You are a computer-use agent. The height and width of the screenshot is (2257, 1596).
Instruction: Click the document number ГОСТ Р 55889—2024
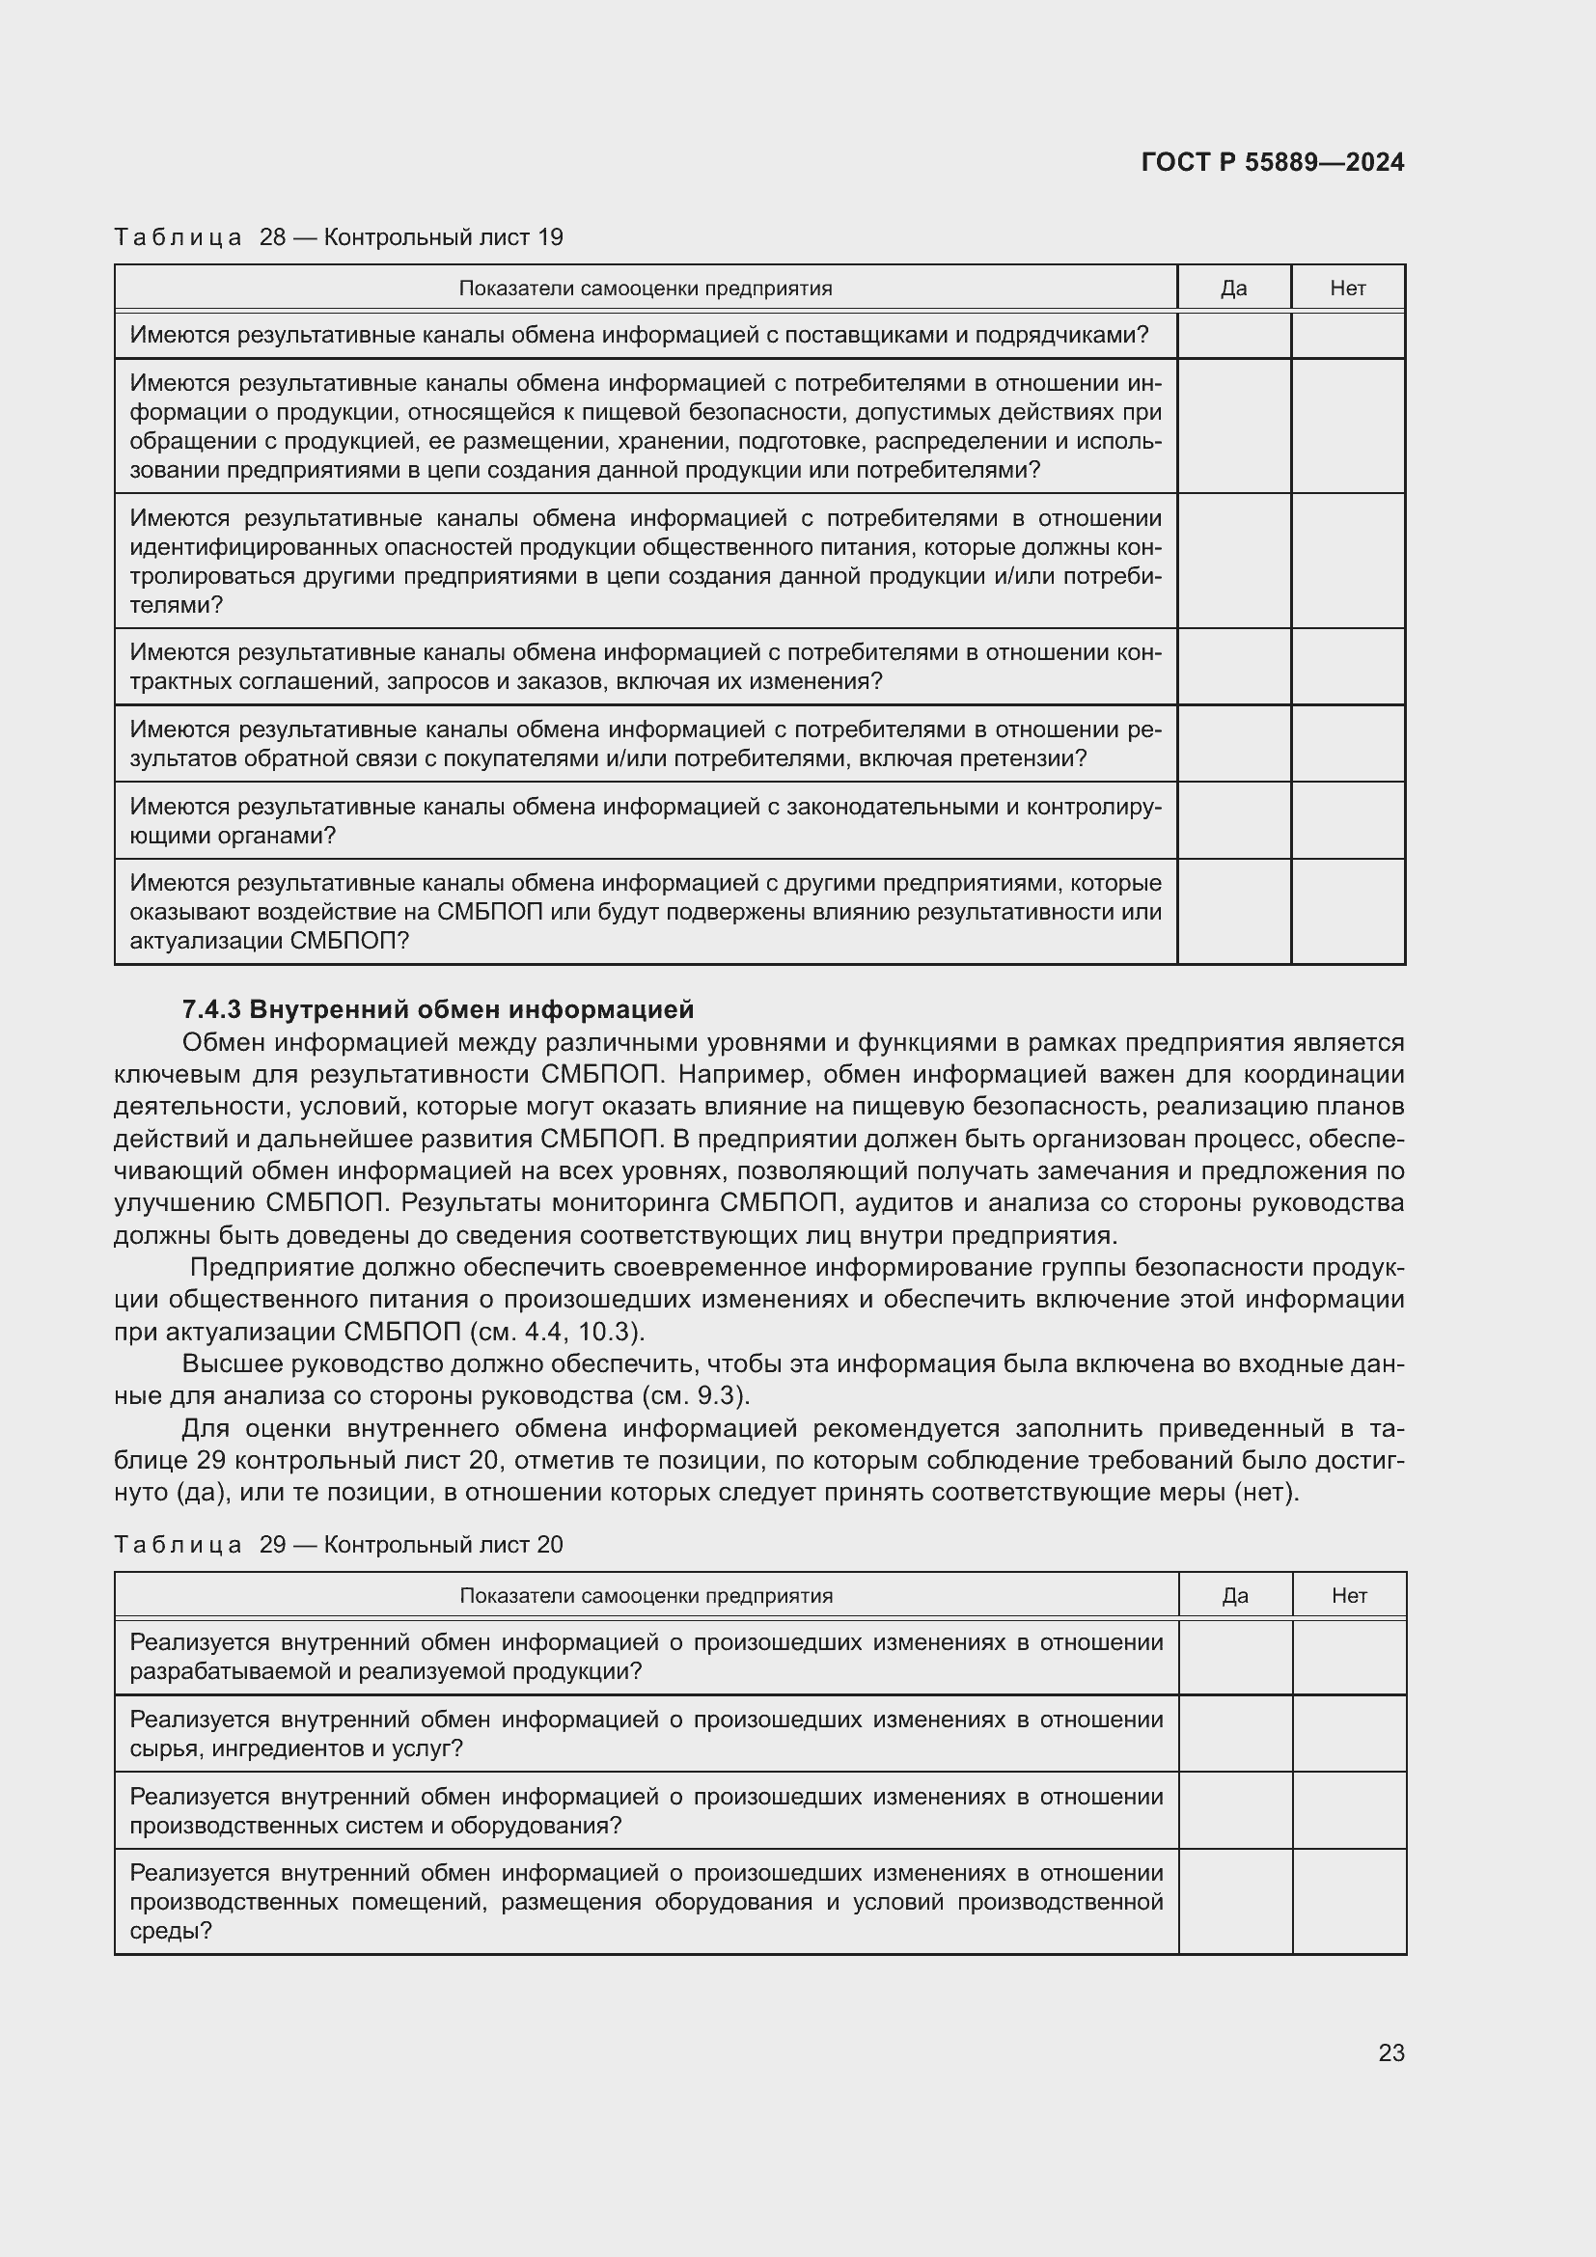click(1273, 163)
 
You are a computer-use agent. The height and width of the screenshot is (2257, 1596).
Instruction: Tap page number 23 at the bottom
click(1390, 2052)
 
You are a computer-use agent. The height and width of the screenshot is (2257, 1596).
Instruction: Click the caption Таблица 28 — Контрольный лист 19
click(338, 238)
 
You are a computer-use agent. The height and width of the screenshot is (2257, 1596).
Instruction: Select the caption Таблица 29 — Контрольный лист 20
click(338, 1544)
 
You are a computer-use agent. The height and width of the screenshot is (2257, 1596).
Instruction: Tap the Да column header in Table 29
click(1234, 1595)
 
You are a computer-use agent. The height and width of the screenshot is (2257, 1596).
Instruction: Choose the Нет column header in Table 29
click(1348, 1595)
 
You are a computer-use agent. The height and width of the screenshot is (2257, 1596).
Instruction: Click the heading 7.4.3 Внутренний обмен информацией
click(438, 1009)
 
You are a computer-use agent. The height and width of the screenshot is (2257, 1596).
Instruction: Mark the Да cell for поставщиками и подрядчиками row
click(1233, 335)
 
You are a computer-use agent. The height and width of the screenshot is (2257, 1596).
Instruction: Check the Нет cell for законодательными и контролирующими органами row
click(1347, 821)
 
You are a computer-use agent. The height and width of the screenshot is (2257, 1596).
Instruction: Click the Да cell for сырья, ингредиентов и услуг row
click(1234, 1733)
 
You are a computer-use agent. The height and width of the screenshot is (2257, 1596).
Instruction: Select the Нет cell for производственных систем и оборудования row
click(1348, 1810)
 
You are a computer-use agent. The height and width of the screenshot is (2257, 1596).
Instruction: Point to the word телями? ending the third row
click(176, 606)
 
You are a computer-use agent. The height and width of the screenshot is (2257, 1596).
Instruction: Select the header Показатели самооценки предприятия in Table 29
click(646, 1595)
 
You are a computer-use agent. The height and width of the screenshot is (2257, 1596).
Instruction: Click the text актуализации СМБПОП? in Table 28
click(268, 942)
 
